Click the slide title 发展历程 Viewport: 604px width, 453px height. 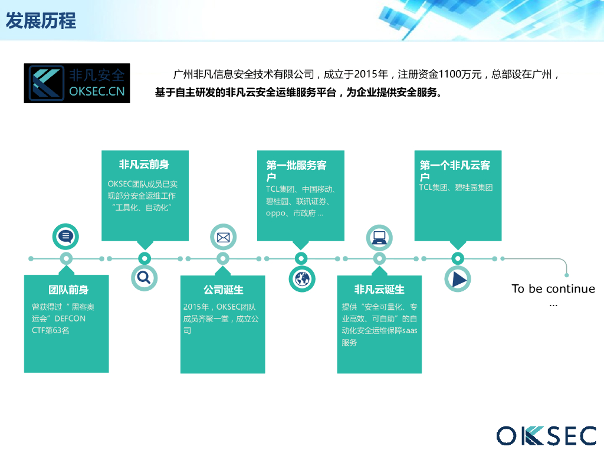(41, 21)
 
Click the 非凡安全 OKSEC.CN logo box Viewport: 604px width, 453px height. (77, 83)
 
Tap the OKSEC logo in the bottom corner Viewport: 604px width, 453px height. (546, 435)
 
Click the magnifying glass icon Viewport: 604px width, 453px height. (144, 277)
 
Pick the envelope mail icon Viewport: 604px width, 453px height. (223, 238)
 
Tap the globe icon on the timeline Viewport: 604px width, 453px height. (302, 278)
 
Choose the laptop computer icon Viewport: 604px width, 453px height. (379, 238)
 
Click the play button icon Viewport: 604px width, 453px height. (458, 278)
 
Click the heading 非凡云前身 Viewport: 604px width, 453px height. (144, 165)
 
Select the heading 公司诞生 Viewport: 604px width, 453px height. (224, 290)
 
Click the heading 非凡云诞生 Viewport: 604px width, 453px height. (379, 290)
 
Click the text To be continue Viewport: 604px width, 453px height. (553, 289)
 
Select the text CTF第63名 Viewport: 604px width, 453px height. (51, 330)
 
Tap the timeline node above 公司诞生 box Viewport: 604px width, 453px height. (223, 258)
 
